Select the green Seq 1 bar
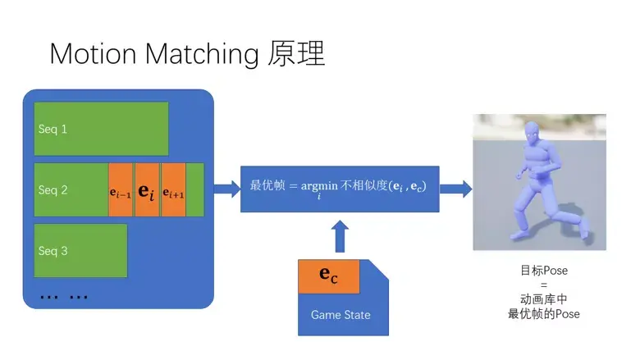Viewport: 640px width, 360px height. tap(101, 129)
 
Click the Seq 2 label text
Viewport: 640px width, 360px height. tap(53, 190)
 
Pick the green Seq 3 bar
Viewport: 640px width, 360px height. tap(80, 250)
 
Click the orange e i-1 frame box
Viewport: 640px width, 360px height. tap(121, 190)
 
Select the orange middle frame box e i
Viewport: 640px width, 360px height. tap(147, 190)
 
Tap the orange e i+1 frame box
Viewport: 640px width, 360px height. tap(173, 190)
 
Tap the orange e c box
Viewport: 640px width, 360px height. tap(328, 277)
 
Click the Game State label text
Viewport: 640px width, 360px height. tap(341, 315)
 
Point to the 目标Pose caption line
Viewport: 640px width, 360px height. tap(538, 270)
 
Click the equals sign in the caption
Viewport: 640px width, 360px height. tap(538, 285)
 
